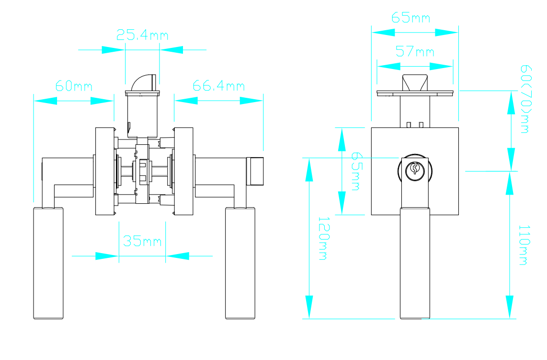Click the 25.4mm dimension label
[x=142, y=35]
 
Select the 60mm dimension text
[x=74, y=86]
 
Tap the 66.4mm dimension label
[x=219, y=86]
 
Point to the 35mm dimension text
[x=142, y=241]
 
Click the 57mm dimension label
[x=415, y=52]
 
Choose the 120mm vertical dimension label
[x=323, y=239]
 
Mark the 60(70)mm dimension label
[x=525, y=99]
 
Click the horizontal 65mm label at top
[x=410, y=17]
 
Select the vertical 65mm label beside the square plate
[x=356, y=171]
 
